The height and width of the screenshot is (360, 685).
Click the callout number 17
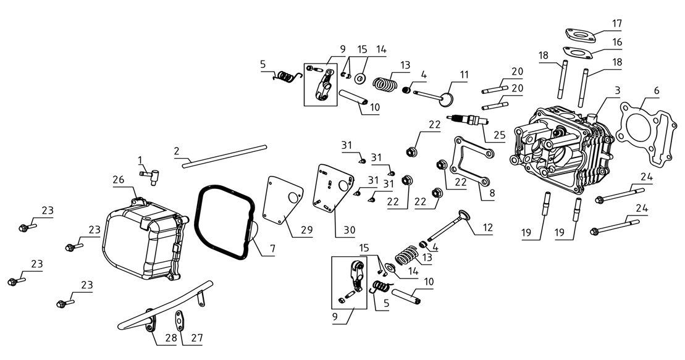tap(616, 23)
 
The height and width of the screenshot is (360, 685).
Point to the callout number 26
tap(118, 180)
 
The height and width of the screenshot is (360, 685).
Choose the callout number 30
tap(349, 230)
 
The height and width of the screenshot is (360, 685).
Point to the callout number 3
tap(617, 90)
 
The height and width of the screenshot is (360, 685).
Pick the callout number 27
tap(197, 338)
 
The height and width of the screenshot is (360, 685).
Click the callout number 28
tap(170, 338)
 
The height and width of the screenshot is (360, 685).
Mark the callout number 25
tap(499, 135)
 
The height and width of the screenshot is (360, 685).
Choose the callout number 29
tap(307, 230)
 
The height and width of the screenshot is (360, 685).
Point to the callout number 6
tap(656, 91)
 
